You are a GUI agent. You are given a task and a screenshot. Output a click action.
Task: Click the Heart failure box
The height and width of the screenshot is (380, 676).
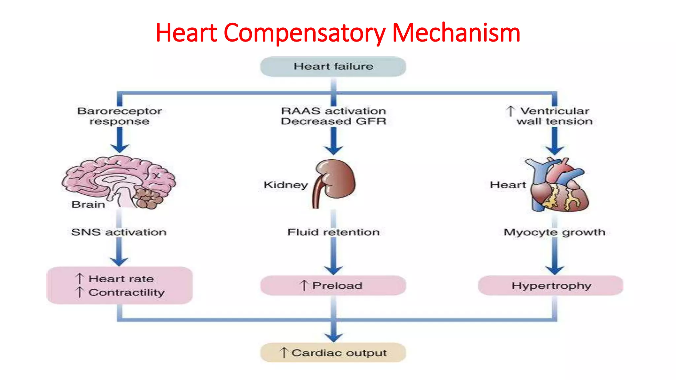pos(333,67)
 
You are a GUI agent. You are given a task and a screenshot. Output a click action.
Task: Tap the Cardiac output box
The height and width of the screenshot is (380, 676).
pos(333,353)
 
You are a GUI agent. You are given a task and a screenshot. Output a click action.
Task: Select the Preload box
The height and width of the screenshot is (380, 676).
pos(333,285)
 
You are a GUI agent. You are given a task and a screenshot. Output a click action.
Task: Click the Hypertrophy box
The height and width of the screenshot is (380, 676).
pos(551,285)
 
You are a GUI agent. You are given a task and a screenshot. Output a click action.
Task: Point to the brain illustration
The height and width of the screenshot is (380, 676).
pos(119,181)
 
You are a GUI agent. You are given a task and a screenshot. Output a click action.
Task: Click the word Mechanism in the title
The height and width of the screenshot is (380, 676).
pos(456,33)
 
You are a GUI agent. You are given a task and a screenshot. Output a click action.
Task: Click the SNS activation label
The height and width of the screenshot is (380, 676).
pos(119,232)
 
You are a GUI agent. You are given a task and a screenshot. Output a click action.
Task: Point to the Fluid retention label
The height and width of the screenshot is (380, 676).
pos(333,232)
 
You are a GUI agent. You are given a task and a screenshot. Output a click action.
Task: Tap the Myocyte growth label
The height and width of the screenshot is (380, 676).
pos(555,232)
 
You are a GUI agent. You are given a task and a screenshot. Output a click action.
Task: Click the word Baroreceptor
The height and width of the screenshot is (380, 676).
pos(119,111)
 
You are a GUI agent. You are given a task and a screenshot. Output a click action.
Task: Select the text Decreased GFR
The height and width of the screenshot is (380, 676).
pos(333,121)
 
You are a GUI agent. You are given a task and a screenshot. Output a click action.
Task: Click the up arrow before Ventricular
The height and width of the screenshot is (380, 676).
pos(510,111)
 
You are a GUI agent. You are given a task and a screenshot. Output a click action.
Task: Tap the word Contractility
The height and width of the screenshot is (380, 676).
pos(126,293)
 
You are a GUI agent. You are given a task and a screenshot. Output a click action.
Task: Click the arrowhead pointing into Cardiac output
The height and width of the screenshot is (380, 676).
pos(333,337)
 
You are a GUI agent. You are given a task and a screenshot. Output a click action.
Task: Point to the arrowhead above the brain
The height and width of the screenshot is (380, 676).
pos(119,147)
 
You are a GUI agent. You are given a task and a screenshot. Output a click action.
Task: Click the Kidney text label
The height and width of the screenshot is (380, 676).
pos(286,185)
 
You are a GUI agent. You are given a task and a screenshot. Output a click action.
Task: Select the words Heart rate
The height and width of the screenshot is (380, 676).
pos(121,279)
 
